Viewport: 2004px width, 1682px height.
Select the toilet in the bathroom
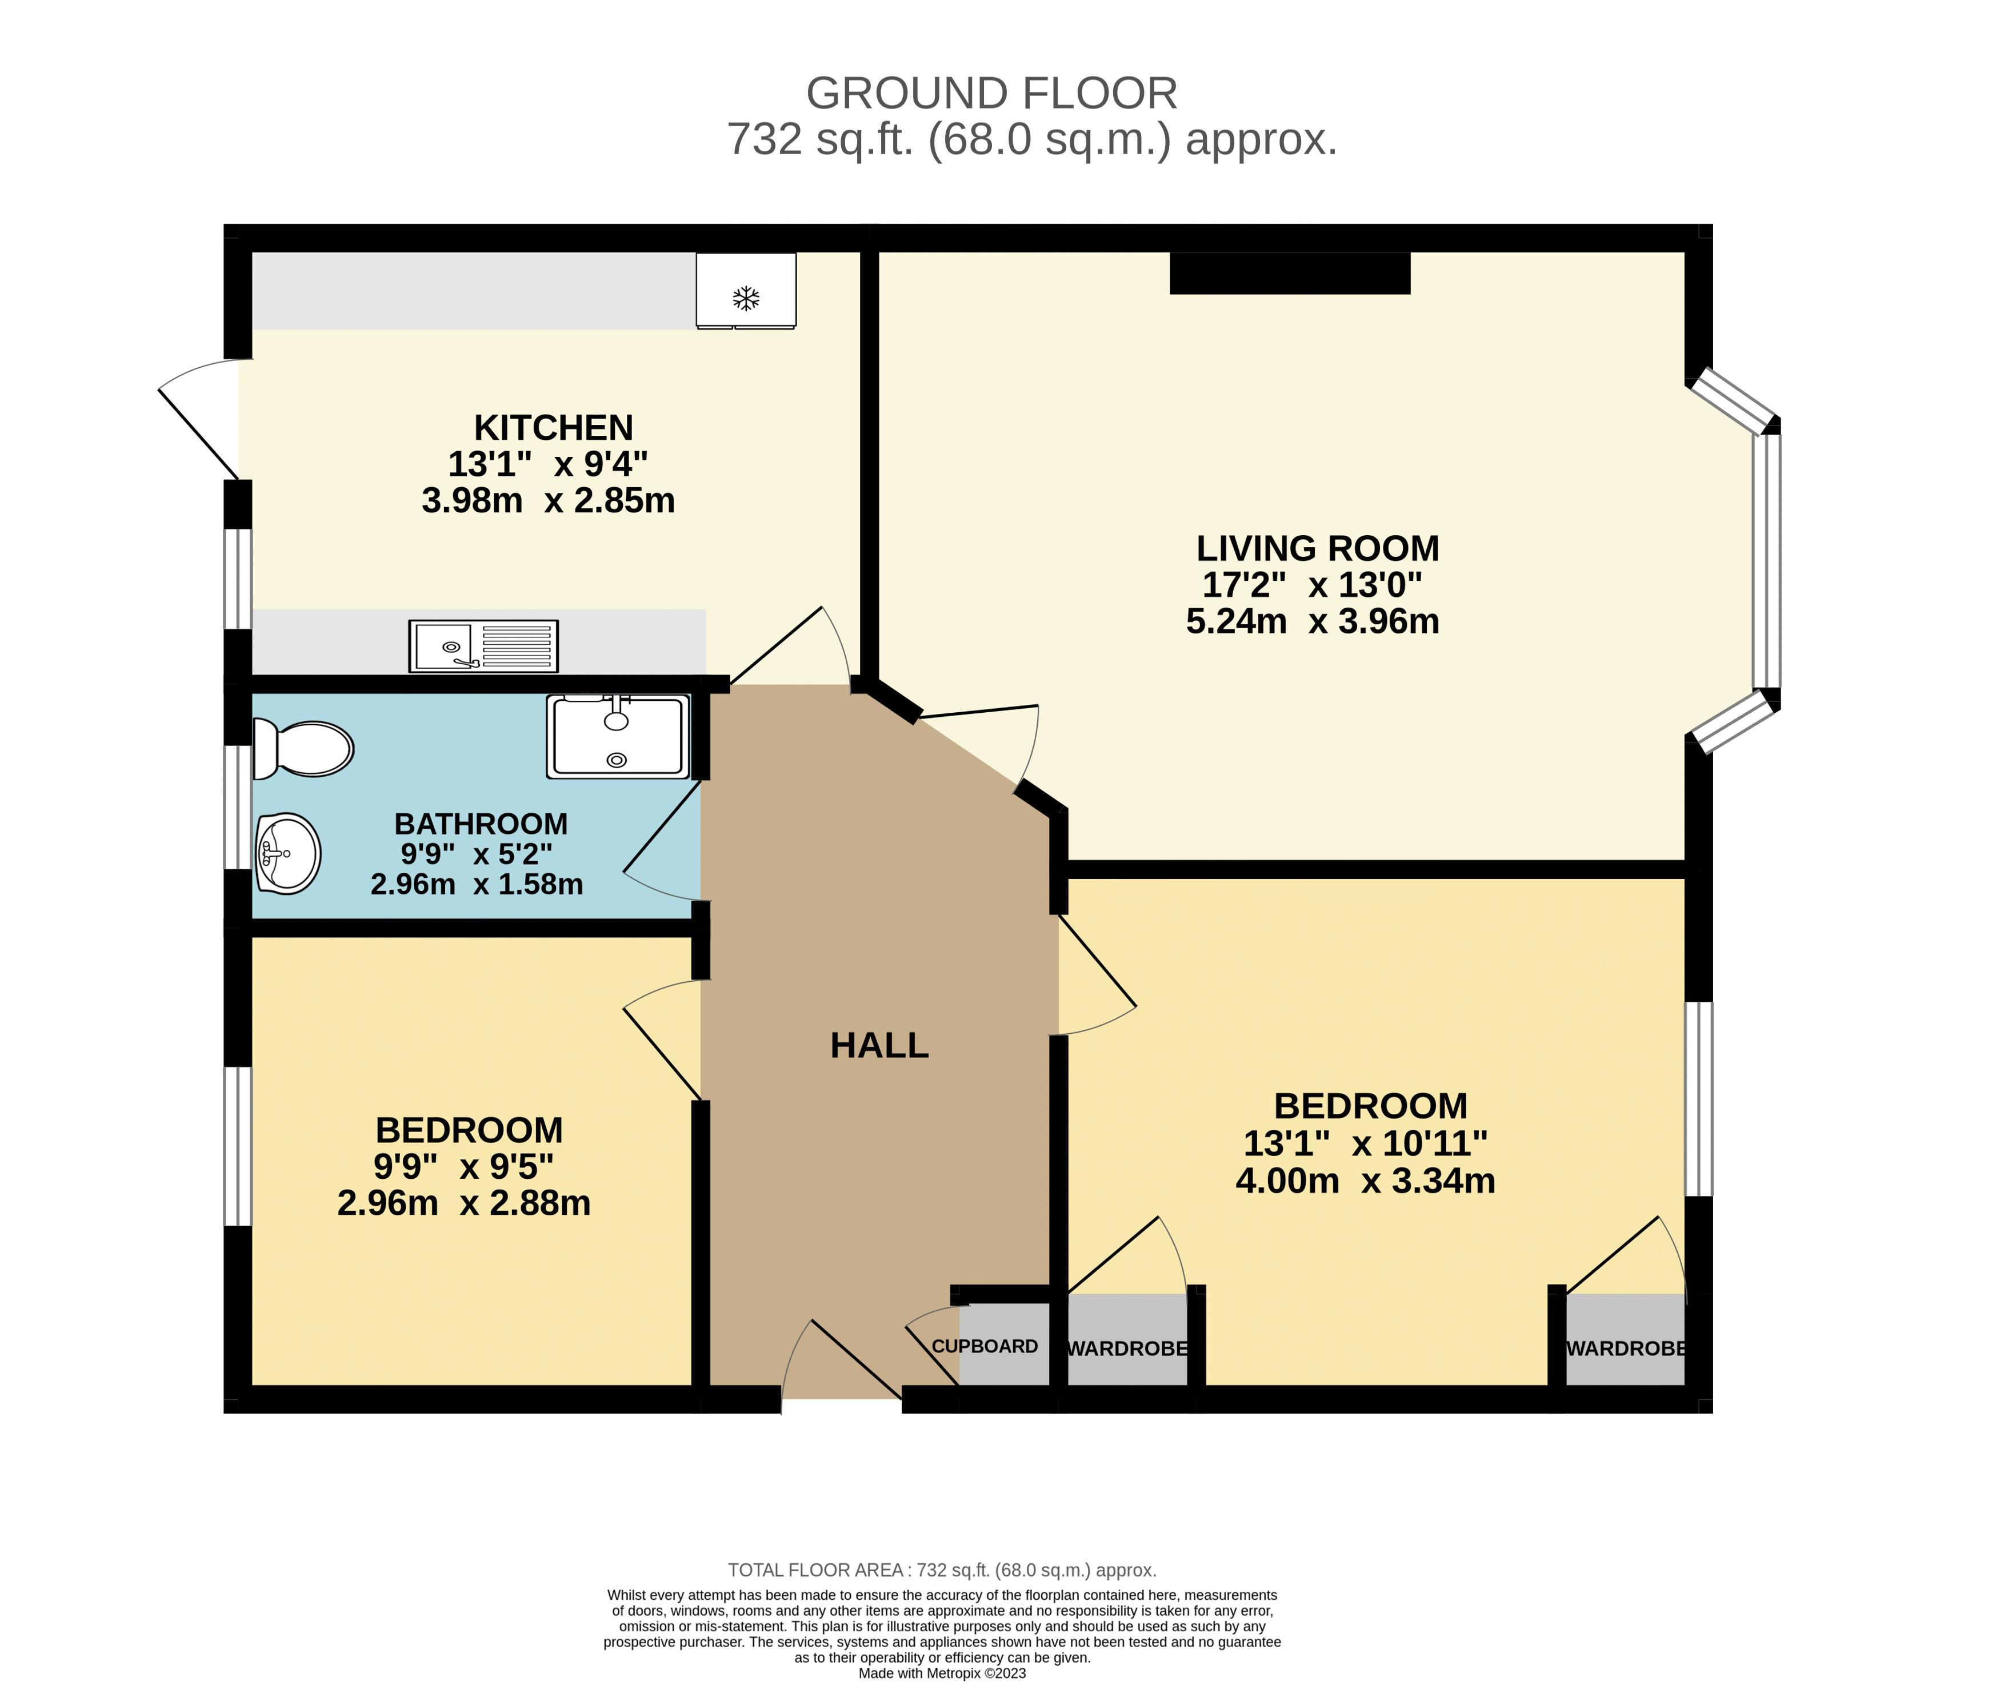[x=303, y=748]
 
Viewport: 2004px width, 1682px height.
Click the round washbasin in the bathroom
[x=287, y=853]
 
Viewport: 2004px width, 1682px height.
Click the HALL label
[x=879, y=1046]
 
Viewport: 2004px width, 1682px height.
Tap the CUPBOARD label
[x=984, y=1346]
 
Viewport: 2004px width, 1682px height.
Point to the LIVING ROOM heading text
[x=1317, y=549]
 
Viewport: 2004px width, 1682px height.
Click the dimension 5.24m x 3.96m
[x=1312, y=621]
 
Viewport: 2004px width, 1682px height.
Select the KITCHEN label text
[x=554, y=427]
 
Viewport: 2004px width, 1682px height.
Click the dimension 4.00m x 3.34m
[x=1365, y=1181]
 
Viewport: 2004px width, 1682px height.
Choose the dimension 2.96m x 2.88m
[x=464, y=1203]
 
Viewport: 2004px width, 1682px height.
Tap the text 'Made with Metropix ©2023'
[x=942, y=1672]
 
